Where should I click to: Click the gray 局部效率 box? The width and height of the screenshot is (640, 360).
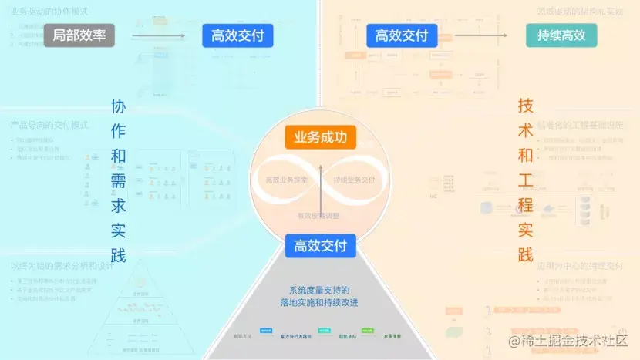(79, 35)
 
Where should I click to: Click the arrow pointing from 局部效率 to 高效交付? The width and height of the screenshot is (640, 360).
(158, 35)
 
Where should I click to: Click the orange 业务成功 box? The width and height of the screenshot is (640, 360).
(320, 137)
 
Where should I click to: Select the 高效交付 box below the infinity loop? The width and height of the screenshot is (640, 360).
(320, 246)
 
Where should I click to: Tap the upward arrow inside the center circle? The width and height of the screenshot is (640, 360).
(320, 186)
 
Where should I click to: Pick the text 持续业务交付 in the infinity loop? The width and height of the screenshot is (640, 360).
(355, 180)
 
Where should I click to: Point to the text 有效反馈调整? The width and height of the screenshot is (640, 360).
(318, 217)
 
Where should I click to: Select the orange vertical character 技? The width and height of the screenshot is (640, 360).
(525, 106)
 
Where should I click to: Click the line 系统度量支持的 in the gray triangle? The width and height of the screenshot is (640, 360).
(319, 291)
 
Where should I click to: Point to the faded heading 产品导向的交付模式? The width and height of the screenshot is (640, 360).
(50, 124)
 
